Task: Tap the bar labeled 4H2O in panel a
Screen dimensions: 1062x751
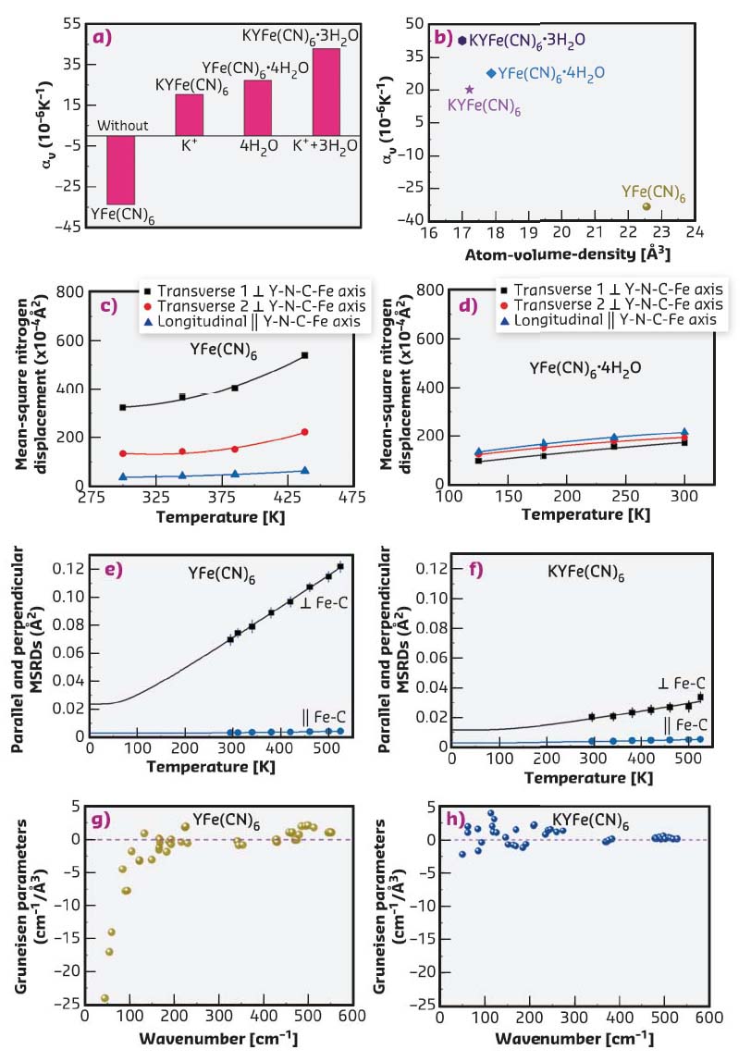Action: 257,108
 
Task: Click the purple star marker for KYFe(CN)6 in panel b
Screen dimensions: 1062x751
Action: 469,90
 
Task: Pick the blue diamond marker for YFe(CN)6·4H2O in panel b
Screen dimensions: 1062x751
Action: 490,72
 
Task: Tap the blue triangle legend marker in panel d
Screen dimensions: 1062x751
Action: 505,318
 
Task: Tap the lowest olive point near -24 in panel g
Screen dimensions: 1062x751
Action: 105,998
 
